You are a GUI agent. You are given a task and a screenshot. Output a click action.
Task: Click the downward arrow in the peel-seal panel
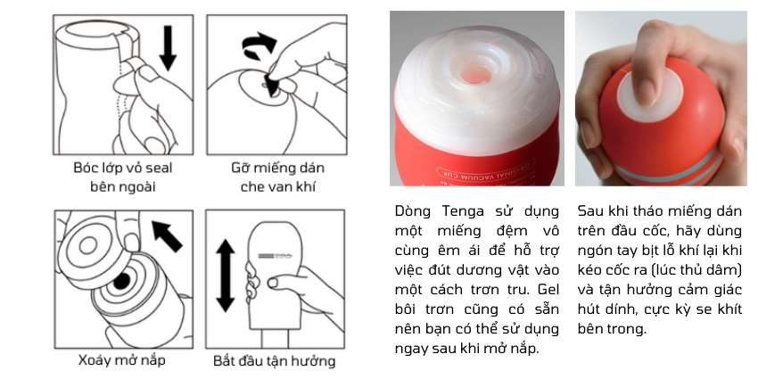(168, 48)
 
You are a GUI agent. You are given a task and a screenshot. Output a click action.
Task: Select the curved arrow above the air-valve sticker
(260, 45)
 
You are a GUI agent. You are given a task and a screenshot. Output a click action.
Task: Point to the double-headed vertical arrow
(225, 276)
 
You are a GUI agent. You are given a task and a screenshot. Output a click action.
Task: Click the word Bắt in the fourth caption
(225, 360)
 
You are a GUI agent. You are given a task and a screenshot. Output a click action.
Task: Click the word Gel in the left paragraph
(548, 290)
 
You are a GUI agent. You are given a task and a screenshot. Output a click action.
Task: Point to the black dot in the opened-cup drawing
(121, 281)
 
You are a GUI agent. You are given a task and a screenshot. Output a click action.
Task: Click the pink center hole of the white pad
(474, 73)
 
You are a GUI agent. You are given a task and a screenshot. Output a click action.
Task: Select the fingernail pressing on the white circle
(647, 92)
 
